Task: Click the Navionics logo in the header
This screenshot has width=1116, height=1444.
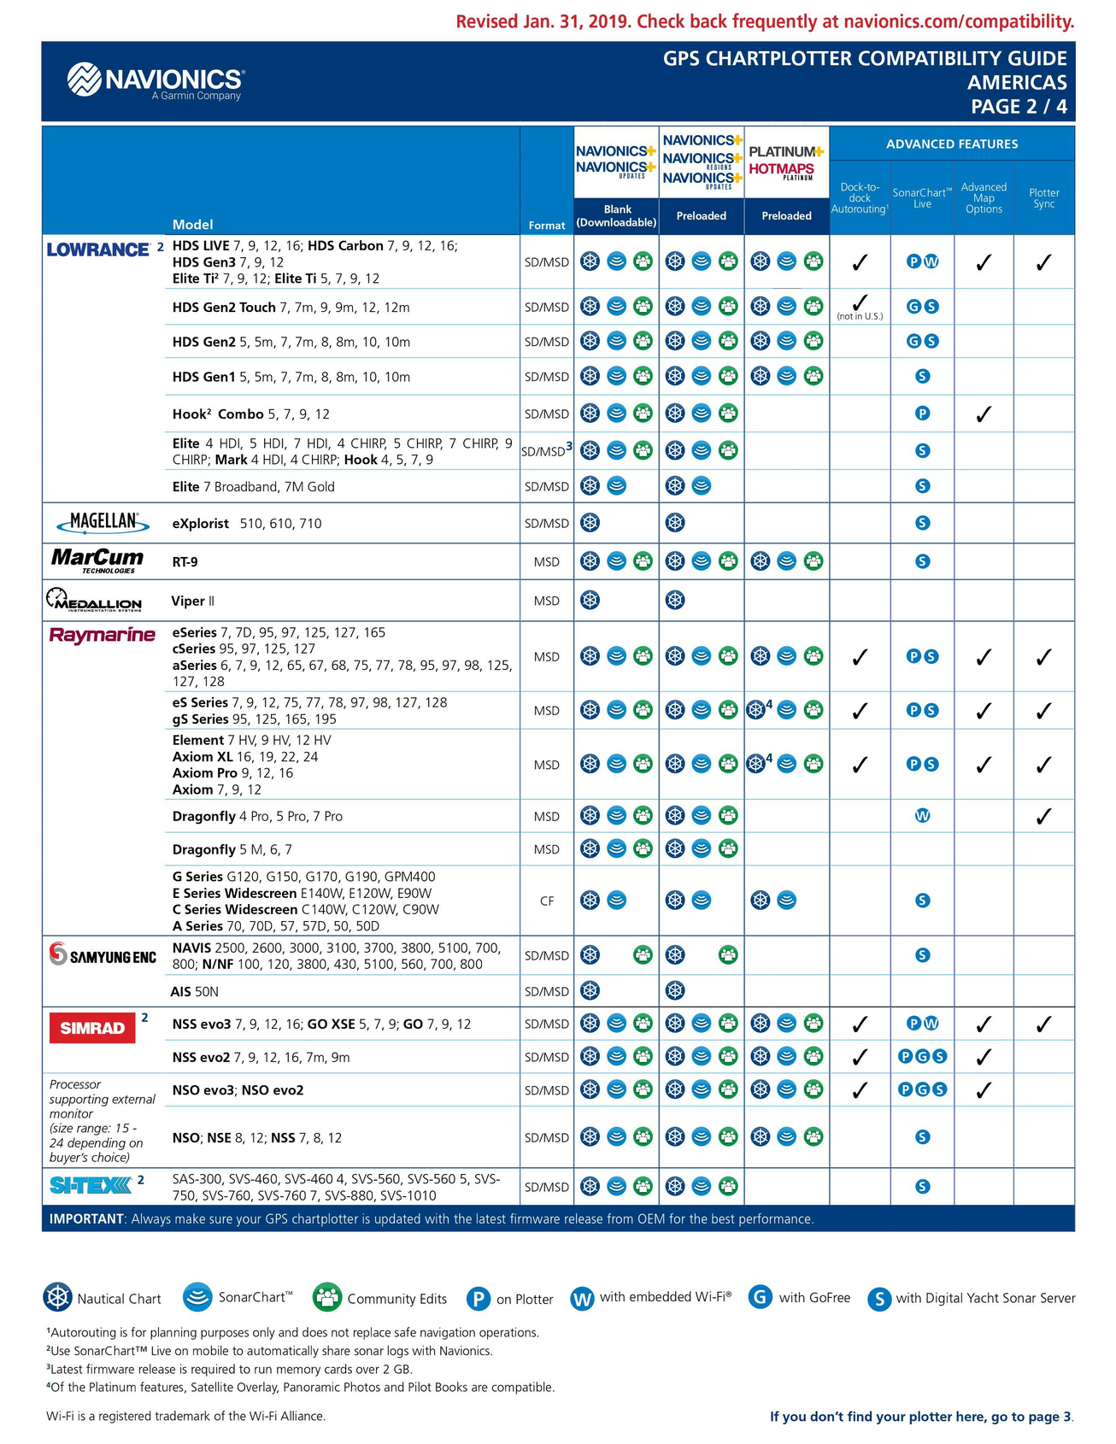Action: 156,81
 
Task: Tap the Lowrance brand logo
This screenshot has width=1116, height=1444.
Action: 98,249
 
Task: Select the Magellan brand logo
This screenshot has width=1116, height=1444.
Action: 103,522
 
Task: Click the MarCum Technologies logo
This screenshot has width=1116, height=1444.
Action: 97,561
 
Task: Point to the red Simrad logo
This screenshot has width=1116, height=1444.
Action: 92,1027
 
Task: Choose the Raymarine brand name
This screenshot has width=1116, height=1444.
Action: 103,635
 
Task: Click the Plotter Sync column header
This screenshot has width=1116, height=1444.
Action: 1043,198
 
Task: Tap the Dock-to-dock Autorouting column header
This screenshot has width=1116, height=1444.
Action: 860,198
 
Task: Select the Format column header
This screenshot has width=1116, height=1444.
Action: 547,226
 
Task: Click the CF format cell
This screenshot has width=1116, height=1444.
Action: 547,901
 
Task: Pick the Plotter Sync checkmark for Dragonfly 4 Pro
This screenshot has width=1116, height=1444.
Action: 1043,816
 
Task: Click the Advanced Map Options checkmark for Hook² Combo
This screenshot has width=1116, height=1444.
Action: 984,414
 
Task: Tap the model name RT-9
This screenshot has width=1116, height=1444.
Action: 185,562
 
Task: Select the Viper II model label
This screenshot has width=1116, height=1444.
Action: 192,601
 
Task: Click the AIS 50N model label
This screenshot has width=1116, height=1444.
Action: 202,991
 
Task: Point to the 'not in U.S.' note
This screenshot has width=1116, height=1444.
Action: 860,317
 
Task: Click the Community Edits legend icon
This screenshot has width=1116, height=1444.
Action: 327,1297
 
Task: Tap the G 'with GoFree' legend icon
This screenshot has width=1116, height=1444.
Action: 761,1297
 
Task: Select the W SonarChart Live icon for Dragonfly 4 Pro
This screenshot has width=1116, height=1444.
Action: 922,816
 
